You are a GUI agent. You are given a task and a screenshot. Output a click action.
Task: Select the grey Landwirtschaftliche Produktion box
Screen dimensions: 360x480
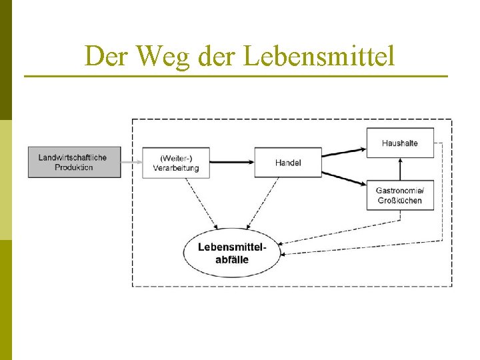(x=74, y=162)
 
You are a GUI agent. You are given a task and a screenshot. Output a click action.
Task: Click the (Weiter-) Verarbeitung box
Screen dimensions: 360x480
(x=176, y=163)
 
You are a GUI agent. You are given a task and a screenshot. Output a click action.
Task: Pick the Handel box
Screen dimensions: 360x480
(x=288, y=163)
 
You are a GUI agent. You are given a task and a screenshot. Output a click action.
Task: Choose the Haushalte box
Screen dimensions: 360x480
(x=400, y=143)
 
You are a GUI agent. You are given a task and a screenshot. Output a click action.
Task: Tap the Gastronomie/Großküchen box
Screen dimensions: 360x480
(x=400, y=195)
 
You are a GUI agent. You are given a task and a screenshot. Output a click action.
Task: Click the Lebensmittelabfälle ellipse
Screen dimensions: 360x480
(x=232, y=252)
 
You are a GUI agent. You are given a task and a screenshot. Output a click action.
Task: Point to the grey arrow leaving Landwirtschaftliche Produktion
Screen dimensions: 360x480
(x=132, y=162)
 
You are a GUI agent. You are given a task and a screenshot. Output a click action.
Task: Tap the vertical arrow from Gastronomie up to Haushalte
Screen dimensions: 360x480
(x=400, y=169)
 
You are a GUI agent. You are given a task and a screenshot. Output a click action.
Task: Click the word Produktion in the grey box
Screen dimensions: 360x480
(x=74, y=167)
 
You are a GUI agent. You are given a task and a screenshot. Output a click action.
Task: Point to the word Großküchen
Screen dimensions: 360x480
(x=400, y=201)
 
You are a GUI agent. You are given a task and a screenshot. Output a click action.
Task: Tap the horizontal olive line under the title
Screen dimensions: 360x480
(x=236, y=77)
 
